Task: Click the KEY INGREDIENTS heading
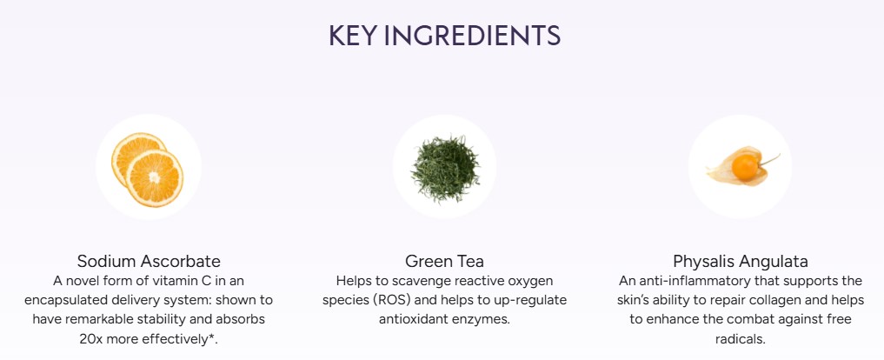pos(445,36)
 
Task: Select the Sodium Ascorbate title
pos(149,261)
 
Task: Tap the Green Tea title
pos(444,261)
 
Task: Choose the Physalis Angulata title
pos(741,261)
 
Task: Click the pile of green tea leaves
pos(445,168)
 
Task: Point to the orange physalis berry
pos(745,168)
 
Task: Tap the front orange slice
pos(155,177)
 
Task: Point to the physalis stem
pos(769,160)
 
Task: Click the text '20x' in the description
pos(91,339)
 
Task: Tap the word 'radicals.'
pos(741,339)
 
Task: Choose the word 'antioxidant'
pos(414,319)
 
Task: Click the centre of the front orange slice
pos(155,177)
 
